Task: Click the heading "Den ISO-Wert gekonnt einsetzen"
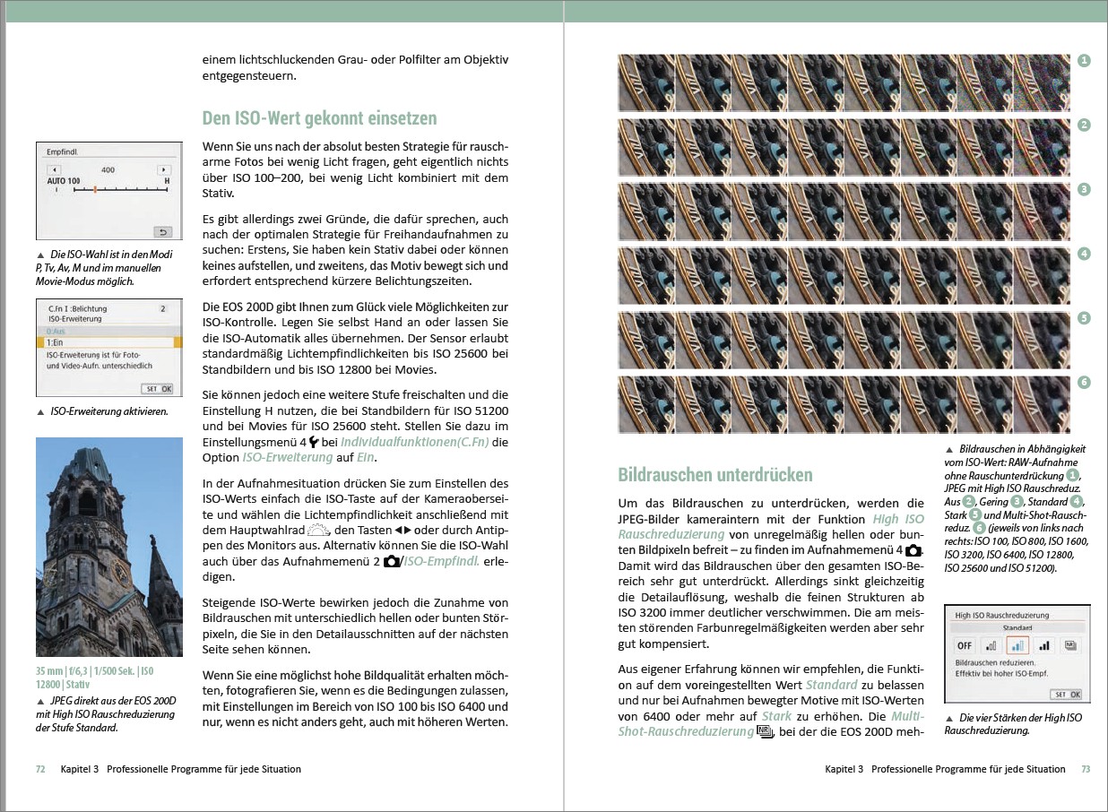pyautogui.click(x=319, y=118)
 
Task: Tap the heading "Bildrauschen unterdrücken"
pyautogui.click(x=715, y=475)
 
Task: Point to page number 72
pyautogui.click(x=40, y=769)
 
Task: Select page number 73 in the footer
pyautogui.click(x=1085, y=769)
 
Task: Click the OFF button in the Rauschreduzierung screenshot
pyautogui.click(x=965, y=645)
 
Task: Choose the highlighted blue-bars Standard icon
pyautogui.click(x=1017, y=645)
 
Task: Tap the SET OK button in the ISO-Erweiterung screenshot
pyautogui.click(x=160, y=389)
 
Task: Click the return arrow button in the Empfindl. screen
pyautogui.click(x=162, y=230)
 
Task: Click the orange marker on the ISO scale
pyautogui.click(x=95, y=189)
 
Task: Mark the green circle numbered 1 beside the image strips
pyautogui.click(x=1084, y=61)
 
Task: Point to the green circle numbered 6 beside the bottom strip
pyautogui.click(x=1084, y=383)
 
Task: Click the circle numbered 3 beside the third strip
pyautogui.click(x=1084, y=189)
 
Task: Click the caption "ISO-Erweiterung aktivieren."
pyautogui.click(x=109, y=412)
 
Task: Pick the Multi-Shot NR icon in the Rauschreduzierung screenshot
pyautogui.click(x=1069, y=645)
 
